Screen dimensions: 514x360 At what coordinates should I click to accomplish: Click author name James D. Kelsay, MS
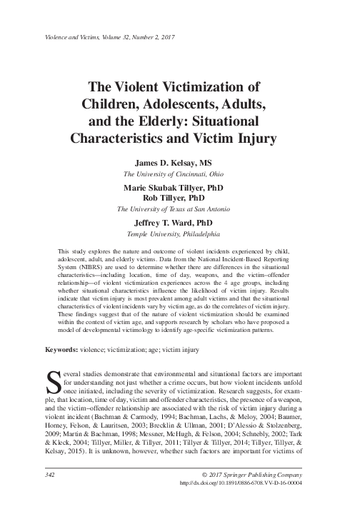[x=179, y=163]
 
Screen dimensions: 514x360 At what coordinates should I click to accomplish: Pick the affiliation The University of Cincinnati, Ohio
[x=179, y=173]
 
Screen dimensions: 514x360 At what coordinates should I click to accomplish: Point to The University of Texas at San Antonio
[x=179, y=208]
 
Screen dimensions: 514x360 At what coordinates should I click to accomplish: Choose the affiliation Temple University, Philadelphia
[x=179, y=233]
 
